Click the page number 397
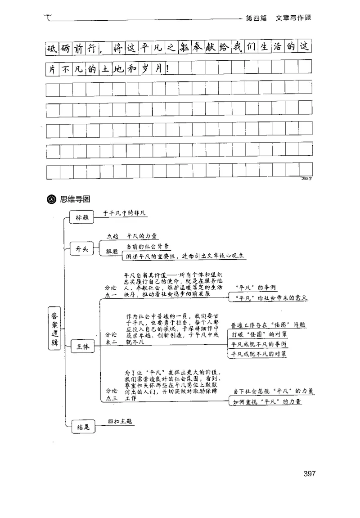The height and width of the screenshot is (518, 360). [310, 473]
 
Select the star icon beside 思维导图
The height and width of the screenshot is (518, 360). [50, 198]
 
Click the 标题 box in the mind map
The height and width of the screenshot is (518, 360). [82, 217]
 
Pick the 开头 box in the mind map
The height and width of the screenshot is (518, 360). [82, 248]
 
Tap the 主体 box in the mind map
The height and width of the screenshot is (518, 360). [82, 347]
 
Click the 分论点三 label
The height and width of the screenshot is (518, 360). [112, 394]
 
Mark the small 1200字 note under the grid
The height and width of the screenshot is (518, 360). [306, 179]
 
